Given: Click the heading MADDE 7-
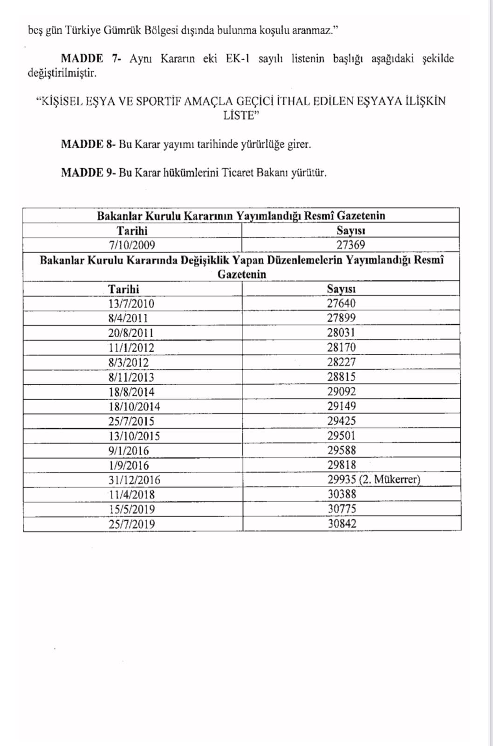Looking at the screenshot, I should click(91, 59).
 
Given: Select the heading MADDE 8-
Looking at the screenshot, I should click(88, 144).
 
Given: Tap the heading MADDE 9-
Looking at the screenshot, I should click(88, 173).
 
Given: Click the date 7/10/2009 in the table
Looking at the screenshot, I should click(132, 245).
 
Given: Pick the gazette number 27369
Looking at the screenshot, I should click(350, 245).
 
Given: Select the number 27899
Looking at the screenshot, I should click(341, 318).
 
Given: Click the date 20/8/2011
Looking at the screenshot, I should click(131, 333).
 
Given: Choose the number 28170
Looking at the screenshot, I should click(341, 348).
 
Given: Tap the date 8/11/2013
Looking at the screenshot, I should click(131, 377).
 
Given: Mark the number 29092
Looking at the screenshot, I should click(341, 392).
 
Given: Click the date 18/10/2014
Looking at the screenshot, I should click(134, 407).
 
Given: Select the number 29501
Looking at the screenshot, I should click(341, 436).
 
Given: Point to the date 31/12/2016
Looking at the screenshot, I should click(134, 480).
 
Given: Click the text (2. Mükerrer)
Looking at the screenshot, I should click(390, 479).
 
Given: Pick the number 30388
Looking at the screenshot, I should click(342, 494).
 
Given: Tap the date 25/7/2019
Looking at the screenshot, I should click(132, 524).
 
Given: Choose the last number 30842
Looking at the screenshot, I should click(342, 524).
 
